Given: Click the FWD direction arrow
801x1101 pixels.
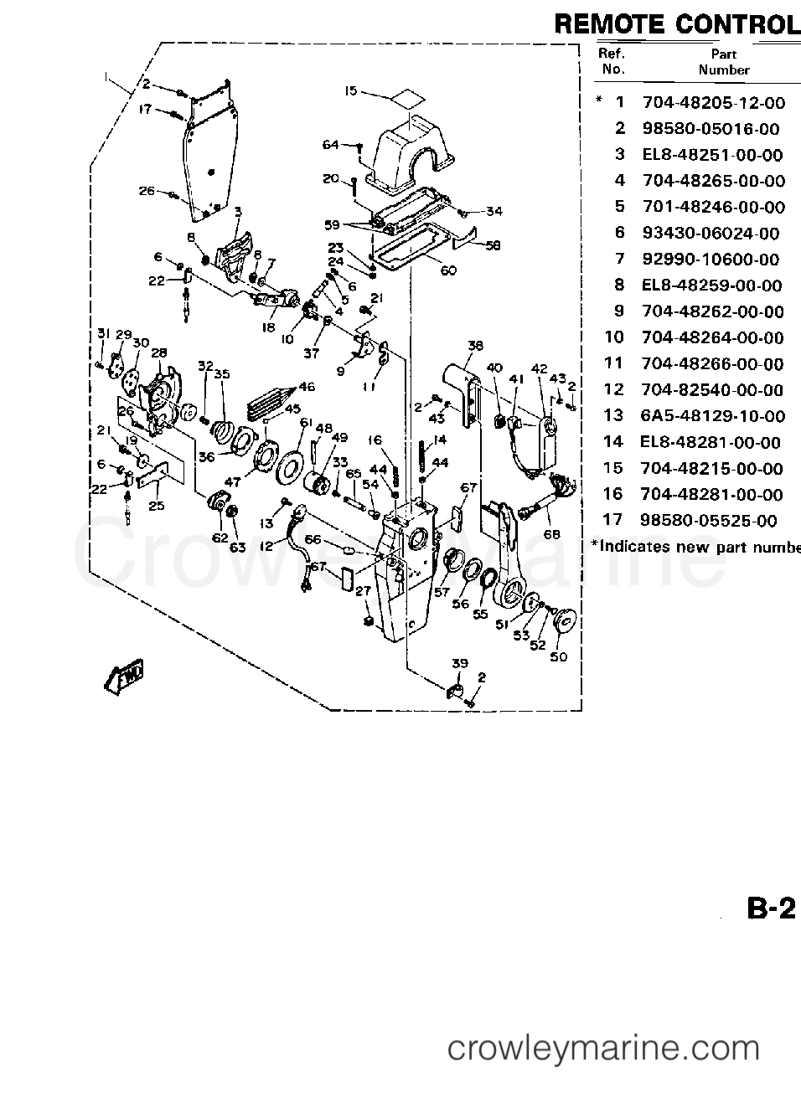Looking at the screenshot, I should (x=123, y=676).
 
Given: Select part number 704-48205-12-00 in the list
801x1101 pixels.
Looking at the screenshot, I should (x=713, y=103).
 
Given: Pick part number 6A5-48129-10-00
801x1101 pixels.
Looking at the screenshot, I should (x=713, y=416).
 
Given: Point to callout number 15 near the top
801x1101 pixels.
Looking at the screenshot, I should (x=351, y=90).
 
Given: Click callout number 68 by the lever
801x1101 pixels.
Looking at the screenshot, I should (x=551, y=534).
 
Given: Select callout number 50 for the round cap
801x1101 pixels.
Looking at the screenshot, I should (x=558, y=656).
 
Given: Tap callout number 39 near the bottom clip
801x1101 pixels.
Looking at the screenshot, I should (x=460, y=663).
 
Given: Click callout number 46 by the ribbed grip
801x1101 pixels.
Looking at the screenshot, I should (x=307, y=387).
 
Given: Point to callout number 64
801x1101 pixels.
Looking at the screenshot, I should (x=330, y=145).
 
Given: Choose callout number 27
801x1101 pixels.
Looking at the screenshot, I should (x=363, y=592).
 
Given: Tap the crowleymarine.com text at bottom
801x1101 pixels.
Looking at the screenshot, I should (x=603, y=1047).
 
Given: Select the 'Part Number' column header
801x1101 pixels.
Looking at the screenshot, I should (x=724, y=62).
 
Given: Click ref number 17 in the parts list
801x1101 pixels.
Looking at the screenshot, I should (x=612, y=520).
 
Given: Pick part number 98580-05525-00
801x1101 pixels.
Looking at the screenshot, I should (x=709, y=521).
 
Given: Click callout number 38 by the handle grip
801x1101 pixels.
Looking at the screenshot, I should (x=476, y=345).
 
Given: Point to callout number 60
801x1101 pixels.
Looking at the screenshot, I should (x=447, y=270).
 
